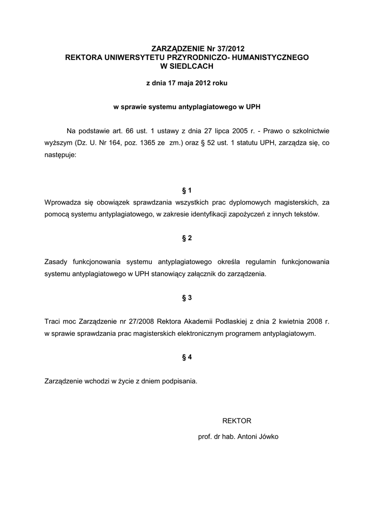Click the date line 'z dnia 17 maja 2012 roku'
[186, 83]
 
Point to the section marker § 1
[186, 190]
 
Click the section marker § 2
[186, 238]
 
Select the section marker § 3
[186, 298]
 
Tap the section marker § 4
[186, 357]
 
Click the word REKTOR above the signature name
[237, 421]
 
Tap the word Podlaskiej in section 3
[202, 321]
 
